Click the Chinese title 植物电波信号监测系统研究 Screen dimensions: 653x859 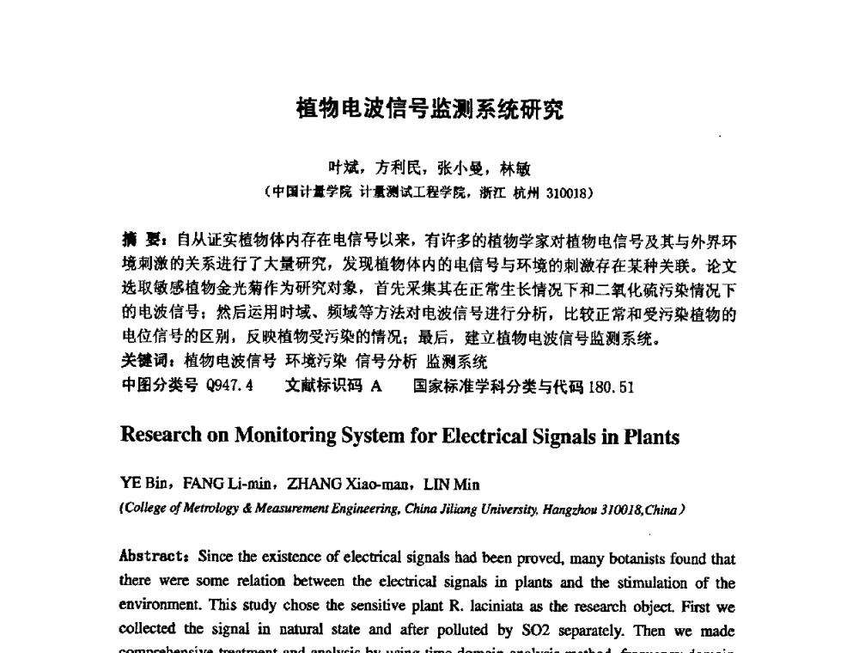[x=429, y=109]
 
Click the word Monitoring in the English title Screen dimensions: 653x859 [x=284, y=436]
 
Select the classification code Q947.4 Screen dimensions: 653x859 [x=230, y=387]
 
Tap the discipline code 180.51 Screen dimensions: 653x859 [x=612, y=387]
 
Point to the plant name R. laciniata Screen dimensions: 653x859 [x=490, y=607]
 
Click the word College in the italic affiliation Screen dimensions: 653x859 [x=143, y=509]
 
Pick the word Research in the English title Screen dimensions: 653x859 [x=161, y=436]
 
